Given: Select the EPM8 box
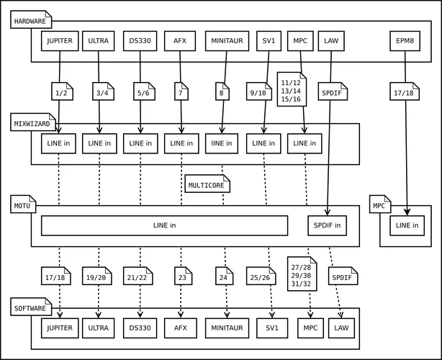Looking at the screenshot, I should click(x=404, y=41).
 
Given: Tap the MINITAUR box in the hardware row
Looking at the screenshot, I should click(x=226, y=41).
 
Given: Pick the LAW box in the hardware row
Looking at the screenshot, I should click(x=331, y=41).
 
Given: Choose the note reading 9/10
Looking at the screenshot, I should click(x=257, y=92).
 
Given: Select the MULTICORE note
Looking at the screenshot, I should click(x=207, y=185).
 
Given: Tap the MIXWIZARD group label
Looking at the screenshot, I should click(x=32, y=123).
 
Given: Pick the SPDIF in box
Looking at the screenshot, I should click(x=328, y=225).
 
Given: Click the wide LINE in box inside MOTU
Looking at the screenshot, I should click(x=165, y=225).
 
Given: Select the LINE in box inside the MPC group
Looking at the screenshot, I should click(x=407, y=225).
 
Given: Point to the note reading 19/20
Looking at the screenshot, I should click(x=96, y=276).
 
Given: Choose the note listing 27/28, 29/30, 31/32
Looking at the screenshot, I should click(x=301, y=274).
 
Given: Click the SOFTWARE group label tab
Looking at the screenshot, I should click(x=30, y=308).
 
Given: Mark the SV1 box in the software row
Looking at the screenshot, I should click(x=271, y=328).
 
